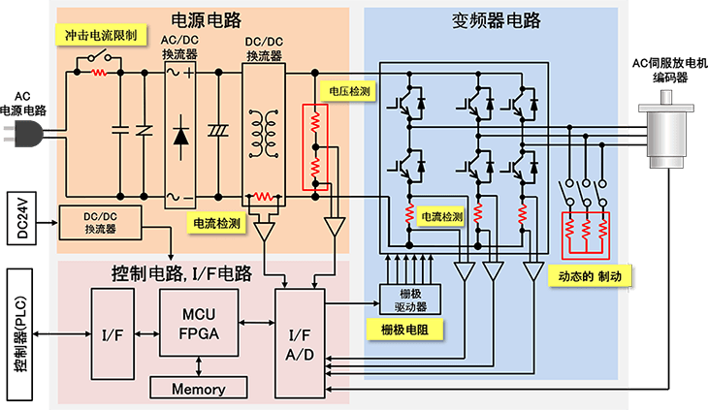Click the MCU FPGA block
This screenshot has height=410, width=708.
(199, 323)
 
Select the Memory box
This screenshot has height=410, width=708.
(199, 389)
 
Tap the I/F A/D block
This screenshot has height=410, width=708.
(300, 344)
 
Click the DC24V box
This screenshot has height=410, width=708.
(21, 218)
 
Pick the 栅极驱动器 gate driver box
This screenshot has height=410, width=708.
(410, 300)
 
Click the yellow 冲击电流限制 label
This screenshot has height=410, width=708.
(101, 35)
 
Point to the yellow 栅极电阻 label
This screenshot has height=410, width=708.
(404, 330)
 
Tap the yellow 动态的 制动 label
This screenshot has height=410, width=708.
(590, 276)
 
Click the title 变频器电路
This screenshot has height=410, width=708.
(496, 20)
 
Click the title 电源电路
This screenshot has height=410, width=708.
(207, 19)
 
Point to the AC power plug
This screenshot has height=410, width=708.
(22, 134)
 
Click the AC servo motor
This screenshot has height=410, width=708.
(666, 129)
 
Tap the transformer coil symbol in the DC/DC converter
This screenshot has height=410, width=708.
(264, 134)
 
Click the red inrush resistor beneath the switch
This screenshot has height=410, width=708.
(99, 72)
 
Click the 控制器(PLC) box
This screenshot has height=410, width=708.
(19, 334)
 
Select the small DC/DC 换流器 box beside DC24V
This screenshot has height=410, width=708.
(100, 223)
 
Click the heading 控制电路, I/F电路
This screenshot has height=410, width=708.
(181, 273)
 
